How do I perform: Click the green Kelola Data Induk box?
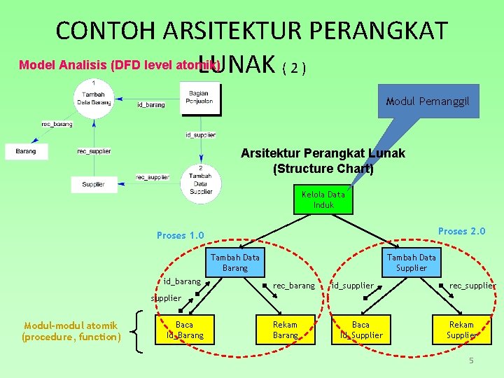coord(323,199)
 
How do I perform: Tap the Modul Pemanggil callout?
coord(428,102)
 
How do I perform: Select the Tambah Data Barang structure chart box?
coord(234,262)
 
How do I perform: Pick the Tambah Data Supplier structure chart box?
coord(411,262)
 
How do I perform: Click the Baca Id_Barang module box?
coord(185,330)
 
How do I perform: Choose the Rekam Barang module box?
coord(285,330)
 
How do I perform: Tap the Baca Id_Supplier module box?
coord(360,330)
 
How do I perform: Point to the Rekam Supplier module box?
coord(461,330)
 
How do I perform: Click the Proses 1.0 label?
coord(181,235)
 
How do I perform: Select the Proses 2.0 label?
coord(461,232)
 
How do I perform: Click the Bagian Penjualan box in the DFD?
coord(200,97)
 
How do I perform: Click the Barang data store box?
coord(26,150)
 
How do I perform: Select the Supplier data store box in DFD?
coord(94,184)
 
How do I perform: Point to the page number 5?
coord(472,360)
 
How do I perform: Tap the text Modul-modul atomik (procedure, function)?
coord(71,331)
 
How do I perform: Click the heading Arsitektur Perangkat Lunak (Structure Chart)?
coord(323,160)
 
